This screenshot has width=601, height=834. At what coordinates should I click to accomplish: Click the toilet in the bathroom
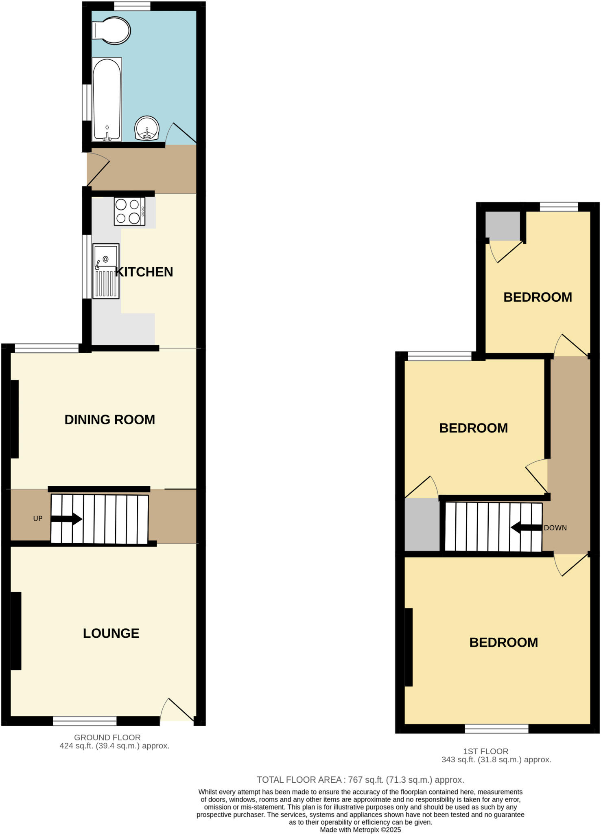(x=111, y=31)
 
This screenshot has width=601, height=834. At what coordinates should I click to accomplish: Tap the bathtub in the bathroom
(x=107, y=99)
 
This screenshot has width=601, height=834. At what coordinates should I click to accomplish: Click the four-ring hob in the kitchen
(x=129, y=211)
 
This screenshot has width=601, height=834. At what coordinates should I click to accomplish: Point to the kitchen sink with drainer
(x=106, y=271)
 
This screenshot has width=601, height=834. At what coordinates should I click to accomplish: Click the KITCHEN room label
(x=144, y=272)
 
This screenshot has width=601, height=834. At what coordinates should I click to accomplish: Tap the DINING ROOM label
(x=110, y=420)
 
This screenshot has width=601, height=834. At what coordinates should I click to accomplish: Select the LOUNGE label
(x=111, y=633)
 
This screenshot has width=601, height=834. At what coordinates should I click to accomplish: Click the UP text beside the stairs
(x=38, y=519)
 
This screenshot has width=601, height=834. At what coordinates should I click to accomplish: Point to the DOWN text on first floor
(x=555, y=528)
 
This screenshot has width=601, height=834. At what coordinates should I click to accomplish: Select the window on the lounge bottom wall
(x=85, y=721)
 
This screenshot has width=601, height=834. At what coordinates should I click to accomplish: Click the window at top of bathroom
(x=132, y=6)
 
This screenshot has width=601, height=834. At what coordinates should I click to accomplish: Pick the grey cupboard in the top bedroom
(x=503, y=226)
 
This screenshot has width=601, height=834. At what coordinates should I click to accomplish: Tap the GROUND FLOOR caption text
(x=107, y=737)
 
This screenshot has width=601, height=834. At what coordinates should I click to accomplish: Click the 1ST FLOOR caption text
(x=485, y=751)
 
